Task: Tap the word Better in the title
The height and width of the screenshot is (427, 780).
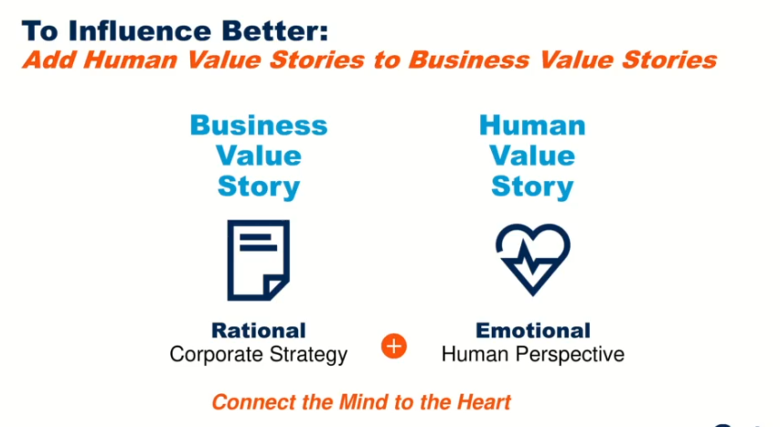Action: click(x=275, y=31)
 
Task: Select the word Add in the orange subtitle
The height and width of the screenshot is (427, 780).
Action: click(x=49, y=60)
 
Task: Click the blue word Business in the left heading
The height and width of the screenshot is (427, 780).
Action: click(x=259, y=125)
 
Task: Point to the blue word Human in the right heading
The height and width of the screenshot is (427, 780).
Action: click(x=532, y=125)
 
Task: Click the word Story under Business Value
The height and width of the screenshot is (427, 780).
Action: click(x=259, y=187)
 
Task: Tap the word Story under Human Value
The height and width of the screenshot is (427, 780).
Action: click(x=532, y=187)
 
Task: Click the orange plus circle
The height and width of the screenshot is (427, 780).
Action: click(x=394, y=346)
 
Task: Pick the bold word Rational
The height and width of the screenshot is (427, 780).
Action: click(x=259, y=330)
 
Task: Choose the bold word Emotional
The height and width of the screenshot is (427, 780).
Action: click(x=533, y=330)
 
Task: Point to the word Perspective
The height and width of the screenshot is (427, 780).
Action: click(x=570, y=356)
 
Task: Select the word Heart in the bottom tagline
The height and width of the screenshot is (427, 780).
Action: click(x=484, y=402)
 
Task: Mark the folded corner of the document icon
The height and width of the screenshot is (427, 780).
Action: click(x=275, y=287)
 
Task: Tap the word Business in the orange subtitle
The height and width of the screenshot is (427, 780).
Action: click(x=468, y=60)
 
